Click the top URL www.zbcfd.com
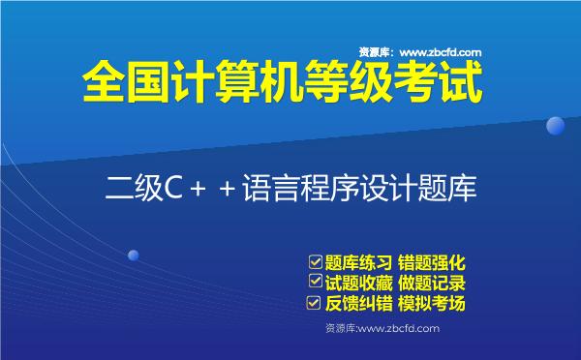441,52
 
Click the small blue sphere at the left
134,255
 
